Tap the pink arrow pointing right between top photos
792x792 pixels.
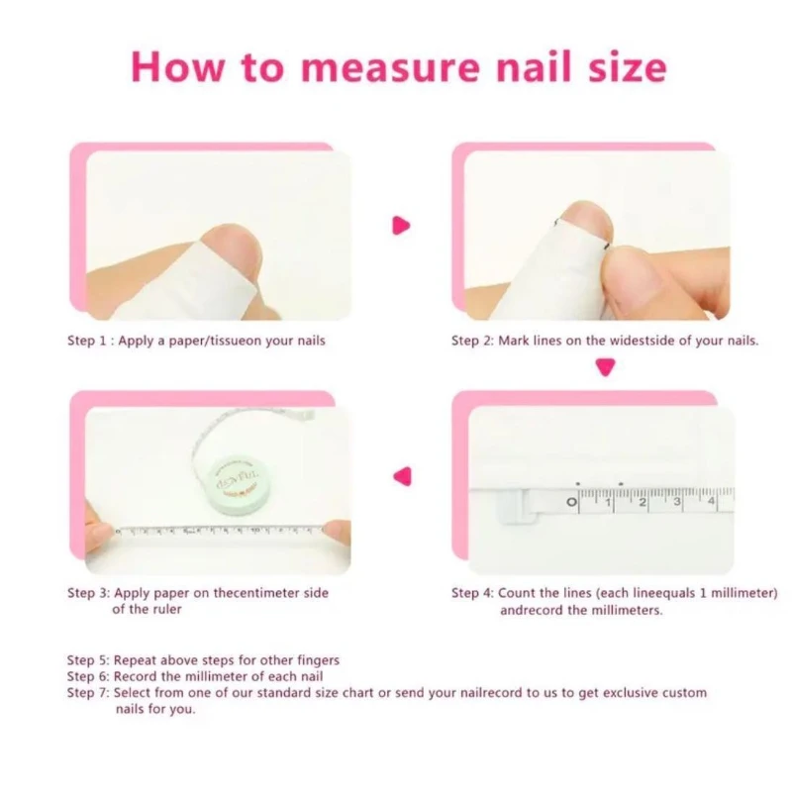pos(401,226)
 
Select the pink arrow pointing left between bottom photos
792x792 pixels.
pos(402,475)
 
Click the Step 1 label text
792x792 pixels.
pos(90,342)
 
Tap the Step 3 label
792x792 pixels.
pos(90,593)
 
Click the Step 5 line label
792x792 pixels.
pos(90,659)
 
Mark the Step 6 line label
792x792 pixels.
pos(90,676)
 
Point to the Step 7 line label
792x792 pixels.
pos(90,693)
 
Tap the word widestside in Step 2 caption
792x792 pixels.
pos(621,342)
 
